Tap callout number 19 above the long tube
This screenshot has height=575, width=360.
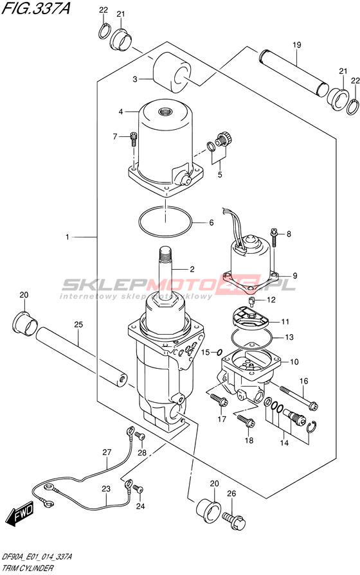297,45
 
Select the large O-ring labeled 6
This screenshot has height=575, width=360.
166,222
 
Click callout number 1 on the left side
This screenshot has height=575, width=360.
67,237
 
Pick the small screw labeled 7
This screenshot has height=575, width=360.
133,139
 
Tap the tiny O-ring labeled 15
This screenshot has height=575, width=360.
219,353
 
